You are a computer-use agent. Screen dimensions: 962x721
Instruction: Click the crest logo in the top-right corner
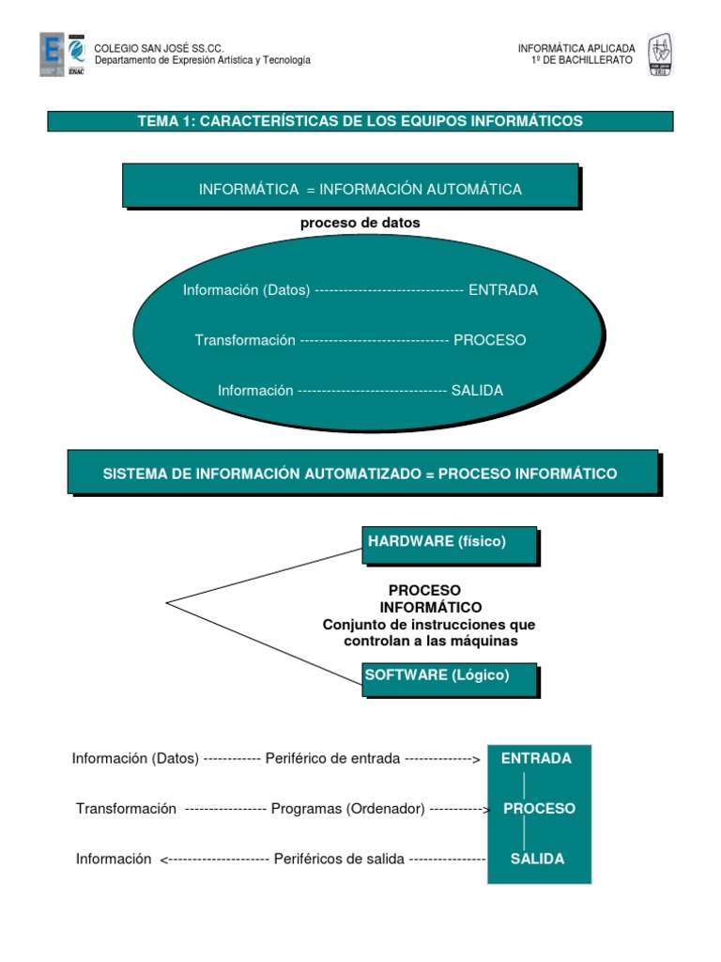click(x=661, y=55)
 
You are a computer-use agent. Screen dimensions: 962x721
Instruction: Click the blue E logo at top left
click(x=52, y=54)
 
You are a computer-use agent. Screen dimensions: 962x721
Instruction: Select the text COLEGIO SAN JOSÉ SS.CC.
click(x=159, y=48)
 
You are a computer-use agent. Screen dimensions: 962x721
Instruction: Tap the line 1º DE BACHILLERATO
click(x=582, y=60)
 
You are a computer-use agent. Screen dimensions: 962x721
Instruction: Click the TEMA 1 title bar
click(x=360, y=121)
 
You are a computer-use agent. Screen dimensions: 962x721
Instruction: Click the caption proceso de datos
click(x=360, y=224)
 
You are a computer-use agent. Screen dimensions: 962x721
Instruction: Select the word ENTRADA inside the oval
click(x=503, y=290)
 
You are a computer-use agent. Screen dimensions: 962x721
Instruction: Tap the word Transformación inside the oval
click(x=245, y=340)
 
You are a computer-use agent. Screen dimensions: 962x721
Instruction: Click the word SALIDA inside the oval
click(x=477, y=391)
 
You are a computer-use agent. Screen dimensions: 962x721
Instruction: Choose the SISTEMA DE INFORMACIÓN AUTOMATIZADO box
click(x=360, y=473)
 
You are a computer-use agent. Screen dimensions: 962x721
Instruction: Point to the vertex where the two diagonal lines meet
click(x=167, y=602)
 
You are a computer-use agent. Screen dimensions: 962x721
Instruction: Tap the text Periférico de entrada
click(x=332, y=758)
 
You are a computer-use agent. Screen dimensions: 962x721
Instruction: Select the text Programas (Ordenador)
click(x=347, y=808)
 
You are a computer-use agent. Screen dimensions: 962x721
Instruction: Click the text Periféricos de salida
click(x=339, y=859)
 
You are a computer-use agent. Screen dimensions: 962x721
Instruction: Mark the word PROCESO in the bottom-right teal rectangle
click(x=539, y=808)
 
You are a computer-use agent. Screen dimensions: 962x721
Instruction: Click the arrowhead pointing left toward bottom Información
click(x=165, y=860)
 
